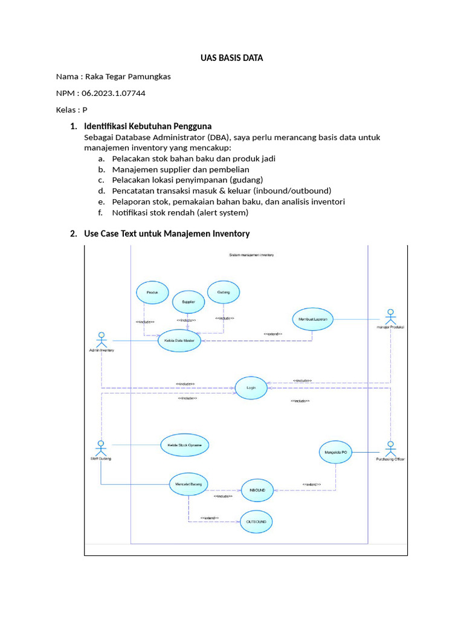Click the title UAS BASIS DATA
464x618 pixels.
coord(232,59)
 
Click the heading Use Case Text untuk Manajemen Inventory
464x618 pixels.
coord(167,234)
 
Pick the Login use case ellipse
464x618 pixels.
coord(251,389)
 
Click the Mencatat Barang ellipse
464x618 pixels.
coord(188,484)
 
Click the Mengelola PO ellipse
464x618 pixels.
coord(336,451)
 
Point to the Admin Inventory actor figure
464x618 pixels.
coord(101,339)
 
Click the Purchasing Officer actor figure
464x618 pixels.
coord(390,449)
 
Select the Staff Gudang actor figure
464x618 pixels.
coord(101,448)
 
